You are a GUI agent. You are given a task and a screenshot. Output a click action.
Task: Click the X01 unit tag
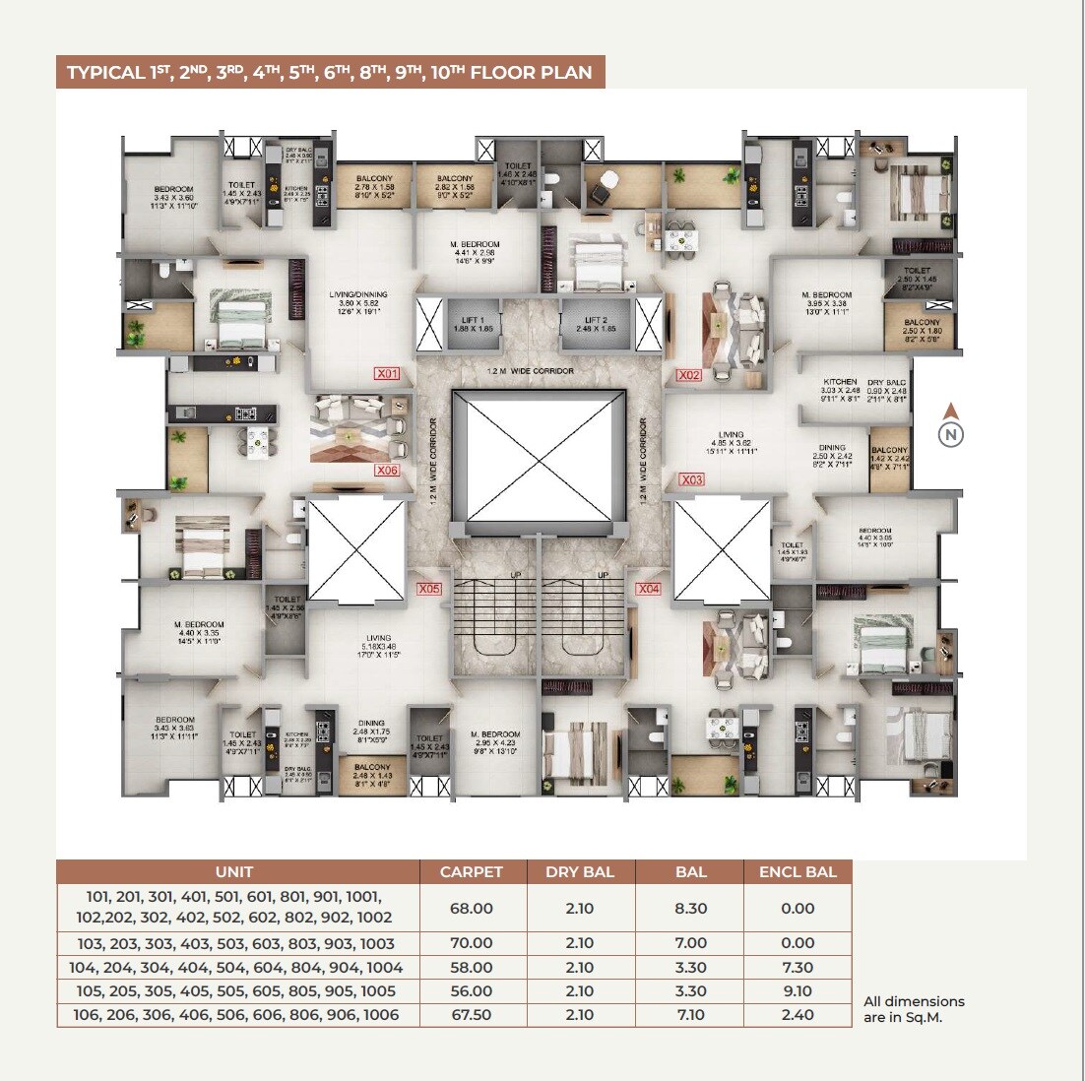point(387,374)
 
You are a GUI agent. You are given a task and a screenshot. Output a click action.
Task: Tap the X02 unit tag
point(689,375)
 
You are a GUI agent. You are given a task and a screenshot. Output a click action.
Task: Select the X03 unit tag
point(692,480)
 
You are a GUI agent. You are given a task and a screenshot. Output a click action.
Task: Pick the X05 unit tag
point(429,590)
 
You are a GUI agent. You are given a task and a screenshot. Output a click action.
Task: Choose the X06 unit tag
point(388,472)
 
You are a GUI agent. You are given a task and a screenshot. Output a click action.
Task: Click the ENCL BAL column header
point(798,871)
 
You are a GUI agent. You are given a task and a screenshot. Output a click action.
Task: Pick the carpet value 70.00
point(471,943)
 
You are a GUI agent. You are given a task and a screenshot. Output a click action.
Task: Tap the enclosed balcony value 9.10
point(798,991)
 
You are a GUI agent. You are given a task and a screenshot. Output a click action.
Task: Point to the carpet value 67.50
point(471,1015)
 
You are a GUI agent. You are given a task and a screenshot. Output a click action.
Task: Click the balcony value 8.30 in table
point(690,909)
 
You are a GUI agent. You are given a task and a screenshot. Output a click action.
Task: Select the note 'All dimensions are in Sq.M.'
point(914,1009)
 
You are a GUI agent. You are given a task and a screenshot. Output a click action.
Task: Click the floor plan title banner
point(330,73)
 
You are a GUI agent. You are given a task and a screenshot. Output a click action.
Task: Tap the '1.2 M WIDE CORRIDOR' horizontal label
point(530,371)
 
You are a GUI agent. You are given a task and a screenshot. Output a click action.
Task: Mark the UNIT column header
point(234,871)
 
